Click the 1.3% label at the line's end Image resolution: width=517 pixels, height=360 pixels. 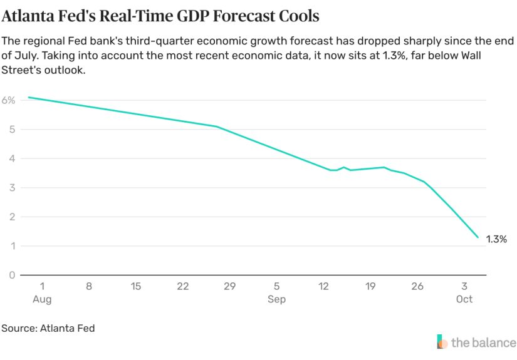point(496,239)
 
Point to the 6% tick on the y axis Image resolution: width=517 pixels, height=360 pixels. point(9,100)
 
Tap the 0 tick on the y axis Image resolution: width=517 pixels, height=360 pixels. point(12,275)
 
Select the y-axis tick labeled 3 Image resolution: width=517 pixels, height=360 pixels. point(12,188)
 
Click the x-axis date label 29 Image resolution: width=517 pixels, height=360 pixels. point(229,286)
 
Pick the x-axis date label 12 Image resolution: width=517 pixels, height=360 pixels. point(323,286)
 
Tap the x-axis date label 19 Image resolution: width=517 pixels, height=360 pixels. point(370,286)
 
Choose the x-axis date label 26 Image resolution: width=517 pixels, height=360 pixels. point(417,286)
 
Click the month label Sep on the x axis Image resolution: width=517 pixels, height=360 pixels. point(276,299)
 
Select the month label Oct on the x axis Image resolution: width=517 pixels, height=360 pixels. point(464,299)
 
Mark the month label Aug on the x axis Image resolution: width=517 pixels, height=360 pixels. point(42,299)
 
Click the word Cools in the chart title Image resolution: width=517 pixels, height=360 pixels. point(295,14)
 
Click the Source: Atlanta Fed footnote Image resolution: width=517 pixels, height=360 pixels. point(48,328)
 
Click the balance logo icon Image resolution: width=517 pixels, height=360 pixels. point(442,342)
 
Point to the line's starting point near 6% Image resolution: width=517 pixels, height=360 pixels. point(29,98)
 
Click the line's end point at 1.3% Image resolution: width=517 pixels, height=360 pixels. point(478,237)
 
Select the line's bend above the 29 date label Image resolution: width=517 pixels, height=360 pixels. point(217,126)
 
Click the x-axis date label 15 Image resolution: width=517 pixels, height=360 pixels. point(136,286)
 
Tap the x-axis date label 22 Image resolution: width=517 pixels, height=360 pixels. point(183,286)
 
